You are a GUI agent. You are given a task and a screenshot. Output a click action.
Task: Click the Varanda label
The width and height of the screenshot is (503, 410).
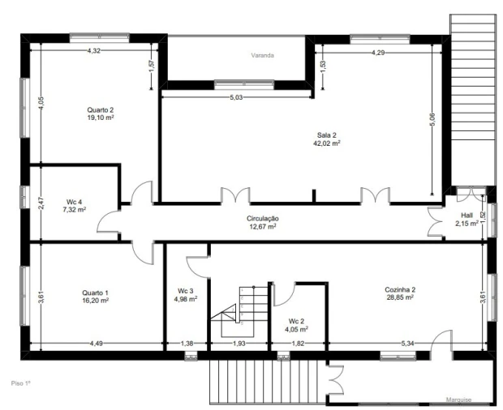[262, 55]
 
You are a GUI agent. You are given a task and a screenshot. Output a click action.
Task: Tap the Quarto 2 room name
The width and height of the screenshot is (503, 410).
[101, 110]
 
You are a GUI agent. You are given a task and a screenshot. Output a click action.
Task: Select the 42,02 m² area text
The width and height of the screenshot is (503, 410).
[327, 143]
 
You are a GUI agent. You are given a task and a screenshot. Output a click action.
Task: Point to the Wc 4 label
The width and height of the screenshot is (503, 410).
[74, 202]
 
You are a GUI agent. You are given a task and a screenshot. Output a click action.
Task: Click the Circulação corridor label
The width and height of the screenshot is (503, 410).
[263, 219]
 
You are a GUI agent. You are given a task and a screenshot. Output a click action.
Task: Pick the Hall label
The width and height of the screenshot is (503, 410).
[466, 216]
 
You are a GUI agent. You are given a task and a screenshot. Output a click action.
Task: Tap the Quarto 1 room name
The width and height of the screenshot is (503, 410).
[95, 293]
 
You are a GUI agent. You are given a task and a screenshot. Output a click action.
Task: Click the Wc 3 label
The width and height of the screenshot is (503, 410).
[186, 291]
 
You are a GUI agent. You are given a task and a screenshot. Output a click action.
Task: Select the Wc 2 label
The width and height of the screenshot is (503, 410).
[296, 321]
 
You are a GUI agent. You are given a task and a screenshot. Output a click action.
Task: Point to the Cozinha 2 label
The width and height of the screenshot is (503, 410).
[400, 289]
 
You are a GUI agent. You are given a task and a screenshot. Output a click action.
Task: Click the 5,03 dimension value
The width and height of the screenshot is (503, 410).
[236, 98]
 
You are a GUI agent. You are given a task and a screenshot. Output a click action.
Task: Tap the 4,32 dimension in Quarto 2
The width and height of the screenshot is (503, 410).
[93, 50]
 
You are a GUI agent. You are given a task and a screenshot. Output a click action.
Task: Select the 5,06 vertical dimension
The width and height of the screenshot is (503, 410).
[432, 120]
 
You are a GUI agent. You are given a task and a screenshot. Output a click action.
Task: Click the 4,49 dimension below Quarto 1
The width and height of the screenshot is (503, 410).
[96, 344]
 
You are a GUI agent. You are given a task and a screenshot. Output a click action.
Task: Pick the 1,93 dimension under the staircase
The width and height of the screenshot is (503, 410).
[239, 344]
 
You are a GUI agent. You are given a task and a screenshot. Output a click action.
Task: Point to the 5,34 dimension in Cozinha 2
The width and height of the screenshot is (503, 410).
[407, 344]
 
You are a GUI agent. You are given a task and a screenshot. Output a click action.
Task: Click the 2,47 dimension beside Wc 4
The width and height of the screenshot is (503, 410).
[41, 204]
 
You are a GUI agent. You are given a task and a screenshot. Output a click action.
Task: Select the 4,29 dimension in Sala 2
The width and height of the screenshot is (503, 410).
[378, 53]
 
